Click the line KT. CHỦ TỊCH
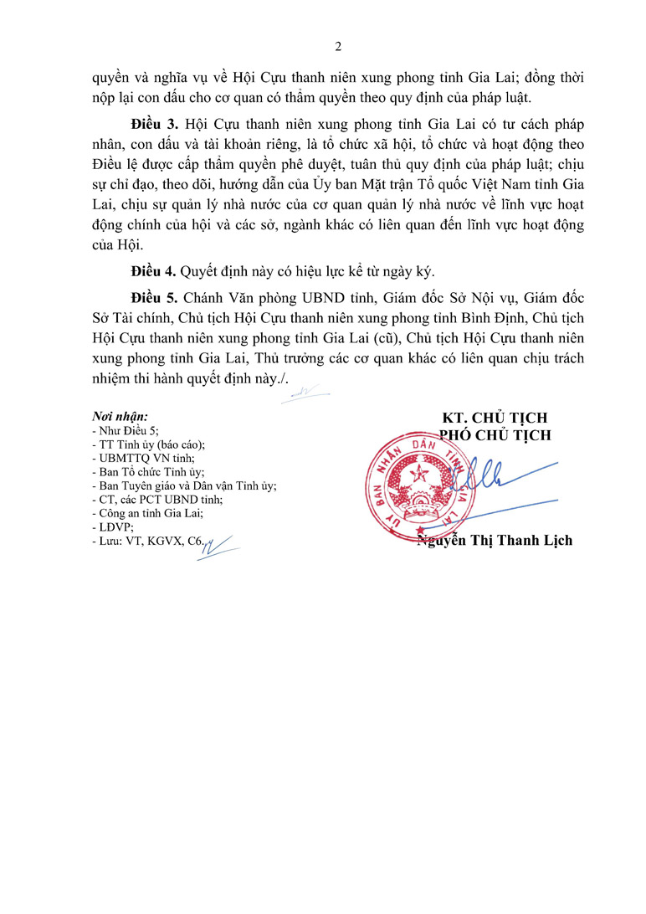[x=495, y=418]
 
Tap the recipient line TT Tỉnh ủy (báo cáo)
[x=149, y=444]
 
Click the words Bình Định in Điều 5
[x=475, y=318]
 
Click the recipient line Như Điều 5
[x=124, y=430]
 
